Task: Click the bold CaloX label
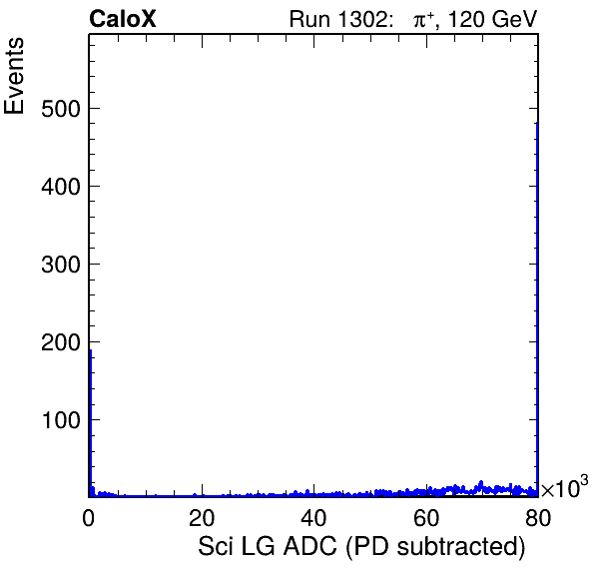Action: (123, 19)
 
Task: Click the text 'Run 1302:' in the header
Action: (341, 19)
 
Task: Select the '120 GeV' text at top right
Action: (493, 19)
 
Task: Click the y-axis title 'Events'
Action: (14, 76)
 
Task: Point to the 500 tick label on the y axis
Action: (61, 109)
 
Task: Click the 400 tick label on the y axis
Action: (61, 187)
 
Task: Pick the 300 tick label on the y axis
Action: (61, 265)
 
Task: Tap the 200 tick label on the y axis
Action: (61, 343)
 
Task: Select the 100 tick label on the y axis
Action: (61, 420)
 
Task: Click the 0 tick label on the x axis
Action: (89, 517)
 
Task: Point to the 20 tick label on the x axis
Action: (202, 517)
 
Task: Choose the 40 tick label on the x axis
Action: (313, 517)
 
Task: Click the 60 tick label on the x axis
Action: (426, 517)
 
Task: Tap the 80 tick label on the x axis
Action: (538, 517)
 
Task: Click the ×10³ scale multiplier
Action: (565, 487)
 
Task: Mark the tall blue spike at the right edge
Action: (537, 309)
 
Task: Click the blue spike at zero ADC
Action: (90, 423)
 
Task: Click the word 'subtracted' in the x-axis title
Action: (461, 547)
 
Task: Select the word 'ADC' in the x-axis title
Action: (310, 546)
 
